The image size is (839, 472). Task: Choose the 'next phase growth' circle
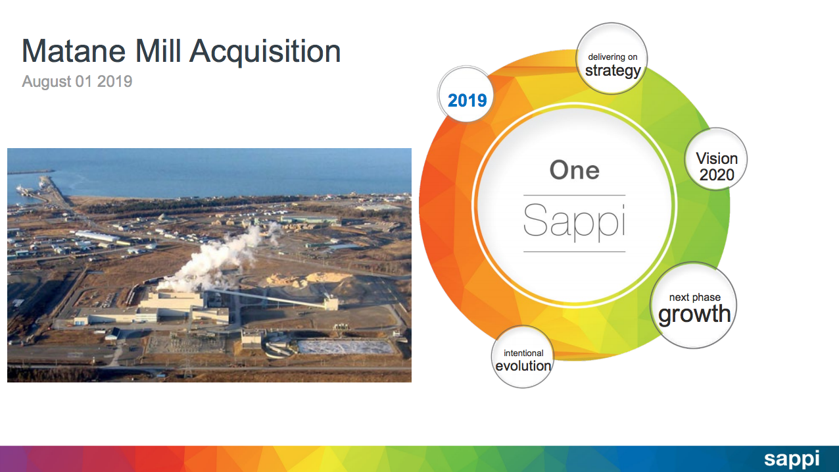[694, 307]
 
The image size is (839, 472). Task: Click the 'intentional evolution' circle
[523, 358]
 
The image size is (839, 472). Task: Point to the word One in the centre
[574, 170]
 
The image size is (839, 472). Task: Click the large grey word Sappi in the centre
[574, 221]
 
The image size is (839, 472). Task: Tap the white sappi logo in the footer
[791, 459]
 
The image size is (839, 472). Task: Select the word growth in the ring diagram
[694, 314]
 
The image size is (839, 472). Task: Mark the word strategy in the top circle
[613, 70]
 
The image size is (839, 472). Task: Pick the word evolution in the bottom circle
[523, 365]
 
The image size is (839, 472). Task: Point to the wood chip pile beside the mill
[309, 279]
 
